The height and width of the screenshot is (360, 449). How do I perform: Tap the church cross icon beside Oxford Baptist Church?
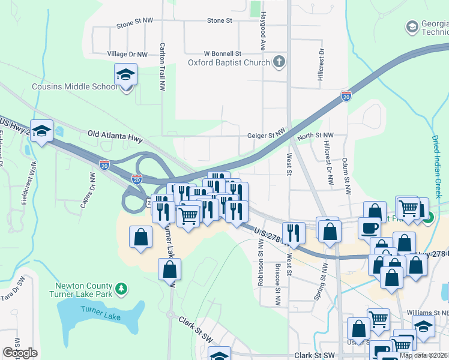279,61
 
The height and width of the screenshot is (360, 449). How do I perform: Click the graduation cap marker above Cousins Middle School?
126,75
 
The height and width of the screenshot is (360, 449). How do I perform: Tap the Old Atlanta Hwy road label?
115,138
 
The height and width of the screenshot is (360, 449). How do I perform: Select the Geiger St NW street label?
266,136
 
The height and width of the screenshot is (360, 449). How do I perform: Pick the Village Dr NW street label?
127,54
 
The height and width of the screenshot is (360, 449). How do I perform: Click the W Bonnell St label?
222,53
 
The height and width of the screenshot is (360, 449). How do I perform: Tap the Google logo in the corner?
20,353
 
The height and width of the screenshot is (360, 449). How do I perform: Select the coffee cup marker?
369,228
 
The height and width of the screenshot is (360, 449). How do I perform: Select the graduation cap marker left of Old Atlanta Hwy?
41,132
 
